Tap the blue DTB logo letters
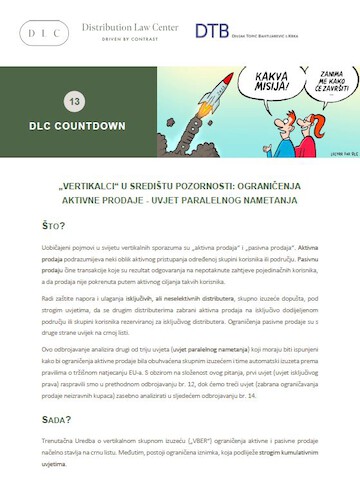point(210,32)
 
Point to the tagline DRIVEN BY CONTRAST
point(130,40)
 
